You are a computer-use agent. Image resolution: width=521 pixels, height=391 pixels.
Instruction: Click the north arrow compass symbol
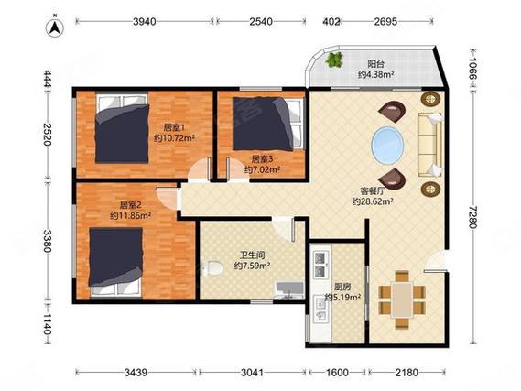[55, 27]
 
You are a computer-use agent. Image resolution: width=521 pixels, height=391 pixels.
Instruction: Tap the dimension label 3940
[144, 22]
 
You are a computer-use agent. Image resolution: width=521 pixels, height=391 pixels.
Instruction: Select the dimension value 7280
[472, 217]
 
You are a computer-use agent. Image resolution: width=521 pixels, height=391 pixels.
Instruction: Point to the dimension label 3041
[252, 373]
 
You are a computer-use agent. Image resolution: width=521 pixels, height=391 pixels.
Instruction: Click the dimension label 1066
[472, 69]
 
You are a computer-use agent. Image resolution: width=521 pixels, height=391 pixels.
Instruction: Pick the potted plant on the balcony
[334, 60]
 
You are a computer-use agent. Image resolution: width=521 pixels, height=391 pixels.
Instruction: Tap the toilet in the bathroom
[212, 267]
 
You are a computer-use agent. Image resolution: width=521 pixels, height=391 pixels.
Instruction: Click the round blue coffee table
[387, 145]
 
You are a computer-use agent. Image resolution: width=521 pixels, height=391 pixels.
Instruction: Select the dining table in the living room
[402, 299]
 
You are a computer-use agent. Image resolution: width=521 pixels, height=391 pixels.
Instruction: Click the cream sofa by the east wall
[430, 145]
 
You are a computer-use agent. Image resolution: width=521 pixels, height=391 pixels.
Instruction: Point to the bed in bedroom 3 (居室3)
[268, 124]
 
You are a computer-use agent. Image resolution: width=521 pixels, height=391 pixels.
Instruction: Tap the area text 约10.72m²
[174, 138]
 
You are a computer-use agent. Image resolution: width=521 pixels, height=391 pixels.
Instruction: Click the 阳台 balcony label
[375, 63]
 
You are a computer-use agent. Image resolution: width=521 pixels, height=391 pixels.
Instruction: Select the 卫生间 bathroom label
[253, 255]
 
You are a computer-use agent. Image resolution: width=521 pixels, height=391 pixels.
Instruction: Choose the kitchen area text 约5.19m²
[342, 297]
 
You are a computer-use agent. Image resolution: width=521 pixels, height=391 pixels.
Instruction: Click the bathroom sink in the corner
[289, 290]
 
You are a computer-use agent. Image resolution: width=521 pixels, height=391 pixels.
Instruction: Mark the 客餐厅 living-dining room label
[374, 191]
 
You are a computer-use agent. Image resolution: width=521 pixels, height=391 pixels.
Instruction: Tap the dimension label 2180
[407, 373]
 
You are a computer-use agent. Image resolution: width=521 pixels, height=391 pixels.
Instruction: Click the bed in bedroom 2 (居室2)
[115, 262]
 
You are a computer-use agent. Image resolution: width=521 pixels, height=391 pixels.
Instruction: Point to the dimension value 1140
[47, 324]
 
